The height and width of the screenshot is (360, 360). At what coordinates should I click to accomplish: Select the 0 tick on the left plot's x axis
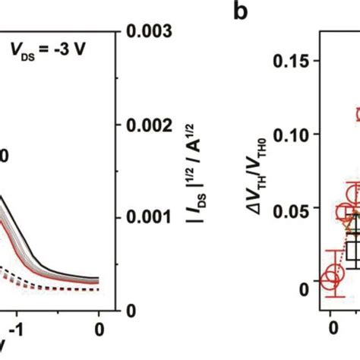99,329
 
